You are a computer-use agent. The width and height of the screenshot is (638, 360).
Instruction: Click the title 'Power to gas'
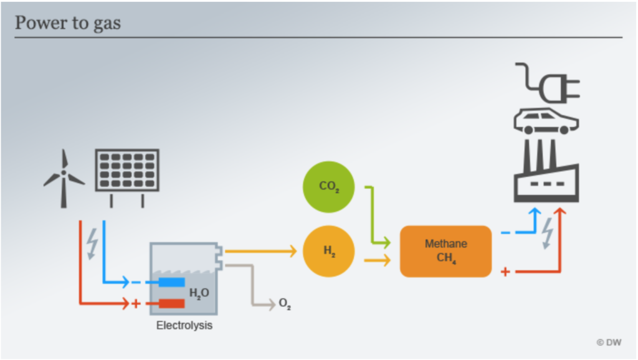point(67,23)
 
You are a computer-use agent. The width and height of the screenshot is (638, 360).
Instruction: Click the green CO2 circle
point(329,187)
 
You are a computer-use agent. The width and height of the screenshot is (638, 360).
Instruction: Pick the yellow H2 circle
point(329,252)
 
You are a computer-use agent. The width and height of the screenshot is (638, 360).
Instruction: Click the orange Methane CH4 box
point(446,252)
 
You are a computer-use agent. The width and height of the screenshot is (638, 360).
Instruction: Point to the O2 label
point(285,304)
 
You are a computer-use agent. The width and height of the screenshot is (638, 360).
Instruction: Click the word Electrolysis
point(184,325)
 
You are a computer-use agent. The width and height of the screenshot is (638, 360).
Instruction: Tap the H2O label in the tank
point(199,293)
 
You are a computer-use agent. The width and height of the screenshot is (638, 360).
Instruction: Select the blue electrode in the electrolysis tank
point(172,282)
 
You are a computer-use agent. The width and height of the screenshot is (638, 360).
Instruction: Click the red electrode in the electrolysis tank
point(172,303)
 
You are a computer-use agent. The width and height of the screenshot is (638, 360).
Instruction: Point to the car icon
point(546,121)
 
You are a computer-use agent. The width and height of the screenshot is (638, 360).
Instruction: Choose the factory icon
point(546,171)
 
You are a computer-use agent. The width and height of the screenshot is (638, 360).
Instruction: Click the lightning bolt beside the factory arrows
point(548,233)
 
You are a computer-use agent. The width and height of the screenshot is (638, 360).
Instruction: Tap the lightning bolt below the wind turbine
point(93,244)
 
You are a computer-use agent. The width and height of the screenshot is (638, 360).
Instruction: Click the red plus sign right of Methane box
point(505,272)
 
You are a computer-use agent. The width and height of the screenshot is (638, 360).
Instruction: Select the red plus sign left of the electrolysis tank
point(136,303)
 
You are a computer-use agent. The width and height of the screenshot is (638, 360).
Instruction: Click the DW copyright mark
point(609,343)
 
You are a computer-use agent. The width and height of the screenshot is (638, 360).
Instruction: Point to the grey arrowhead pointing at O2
point(272,305)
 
